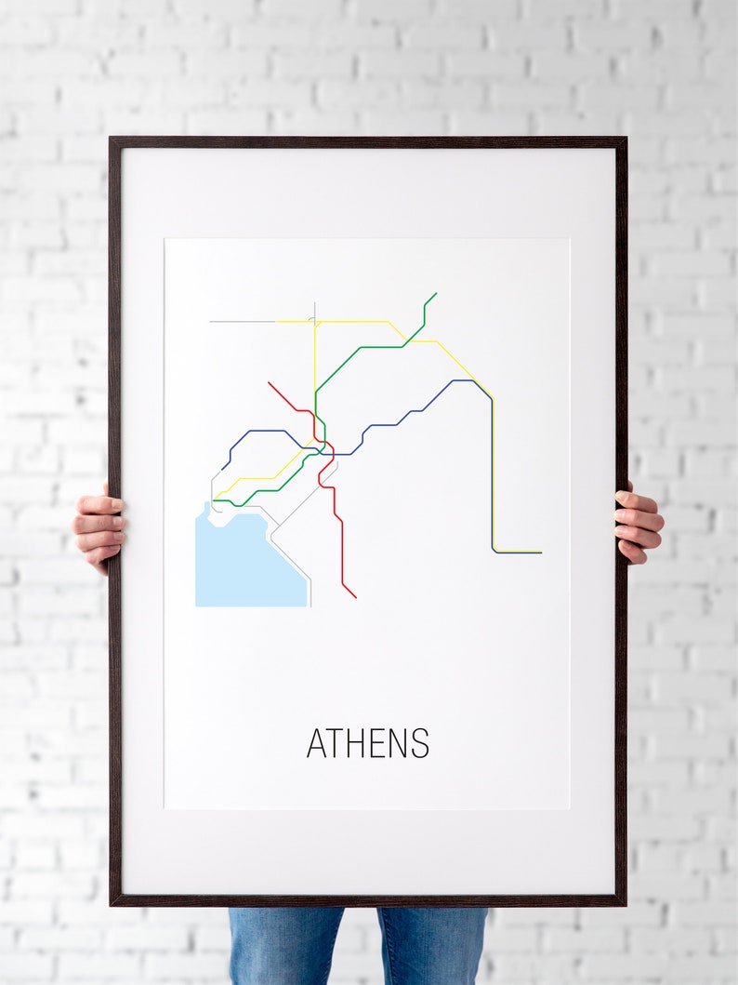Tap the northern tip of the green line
click(436, 294)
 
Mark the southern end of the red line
click(355, 597)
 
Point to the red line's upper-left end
click(269, 382)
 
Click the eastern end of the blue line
click(541, 552)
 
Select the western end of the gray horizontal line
click(210, 322)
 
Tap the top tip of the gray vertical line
click(315, 303)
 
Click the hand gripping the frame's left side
click(99, 526)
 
